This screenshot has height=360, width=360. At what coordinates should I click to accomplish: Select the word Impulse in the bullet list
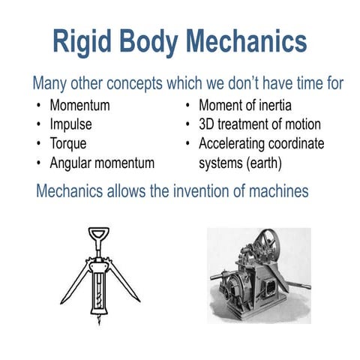tap(73, 124)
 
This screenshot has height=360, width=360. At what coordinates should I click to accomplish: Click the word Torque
tap(70, 142)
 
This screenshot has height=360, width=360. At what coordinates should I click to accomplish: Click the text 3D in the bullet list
tap(208, 124)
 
